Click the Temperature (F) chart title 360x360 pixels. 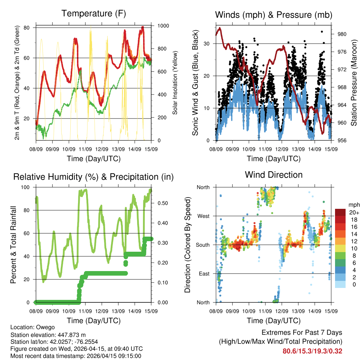tap(94, 14)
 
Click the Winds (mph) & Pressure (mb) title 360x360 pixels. tap(274, 15)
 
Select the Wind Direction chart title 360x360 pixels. tap(274, 175)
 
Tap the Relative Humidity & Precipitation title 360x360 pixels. tap(94, 177)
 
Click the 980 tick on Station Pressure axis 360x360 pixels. tap(342, 34)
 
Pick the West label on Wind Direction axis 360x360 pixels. tap(203, 216)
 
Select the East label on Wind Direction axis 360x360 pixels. tap(204, 274)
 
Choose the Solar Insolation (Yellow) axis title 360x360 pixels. tap(175, 83)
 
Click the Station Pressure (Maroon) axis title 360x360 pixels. tap(354, 83)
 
